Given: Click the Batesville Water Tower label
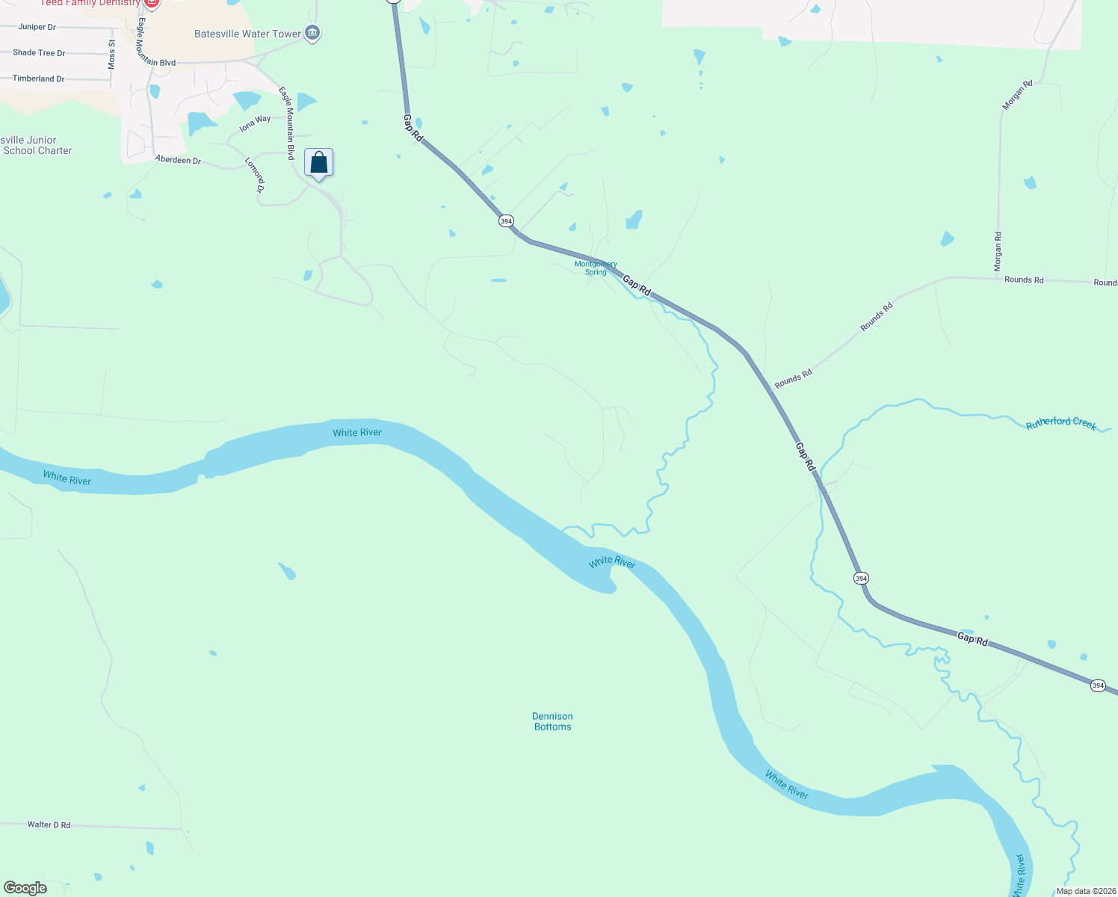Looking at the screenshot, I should [x=247, y=34].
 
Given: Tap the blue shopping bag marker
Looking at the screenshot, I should [x=318, y=163].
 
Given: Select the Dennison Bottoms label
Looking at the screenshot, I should [x=552, y=721].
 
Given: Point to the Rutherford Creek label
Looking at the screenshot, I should [x=1060, y=423].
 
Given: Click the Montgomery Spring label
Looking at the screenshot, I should [x=596, y=268].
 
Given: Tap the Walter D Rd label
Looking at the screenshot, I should [x=49, y=824].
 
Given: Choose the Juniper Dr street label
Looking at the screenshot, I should [x=37, y=27].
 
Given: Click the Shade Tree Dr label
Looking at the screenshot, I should [x=39, y=53].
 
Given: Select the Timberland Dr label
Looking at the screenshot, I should [x=38, y=78].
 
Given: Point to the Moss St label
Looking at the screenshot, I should [x=112, y=55].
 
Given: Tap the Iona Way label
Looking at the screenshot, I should [x=255, y=123].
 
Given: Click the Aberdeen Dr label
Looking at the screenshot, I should [x=178, y=160].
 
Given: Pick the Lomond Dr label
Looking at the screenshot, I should [x=255, y=175].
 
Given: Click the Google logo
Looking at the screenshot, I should [x=25, y=888].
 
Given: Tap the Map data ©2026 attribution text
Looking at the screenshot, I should [x=1085, y=891].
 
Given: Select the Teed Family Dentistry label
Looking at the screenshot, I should [x=90, y=3].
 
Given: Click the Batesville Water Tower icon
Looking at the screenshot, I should [x=313, y=33].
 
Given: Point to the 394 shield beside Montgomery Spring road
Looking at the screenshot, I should [x=506, y=221].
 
